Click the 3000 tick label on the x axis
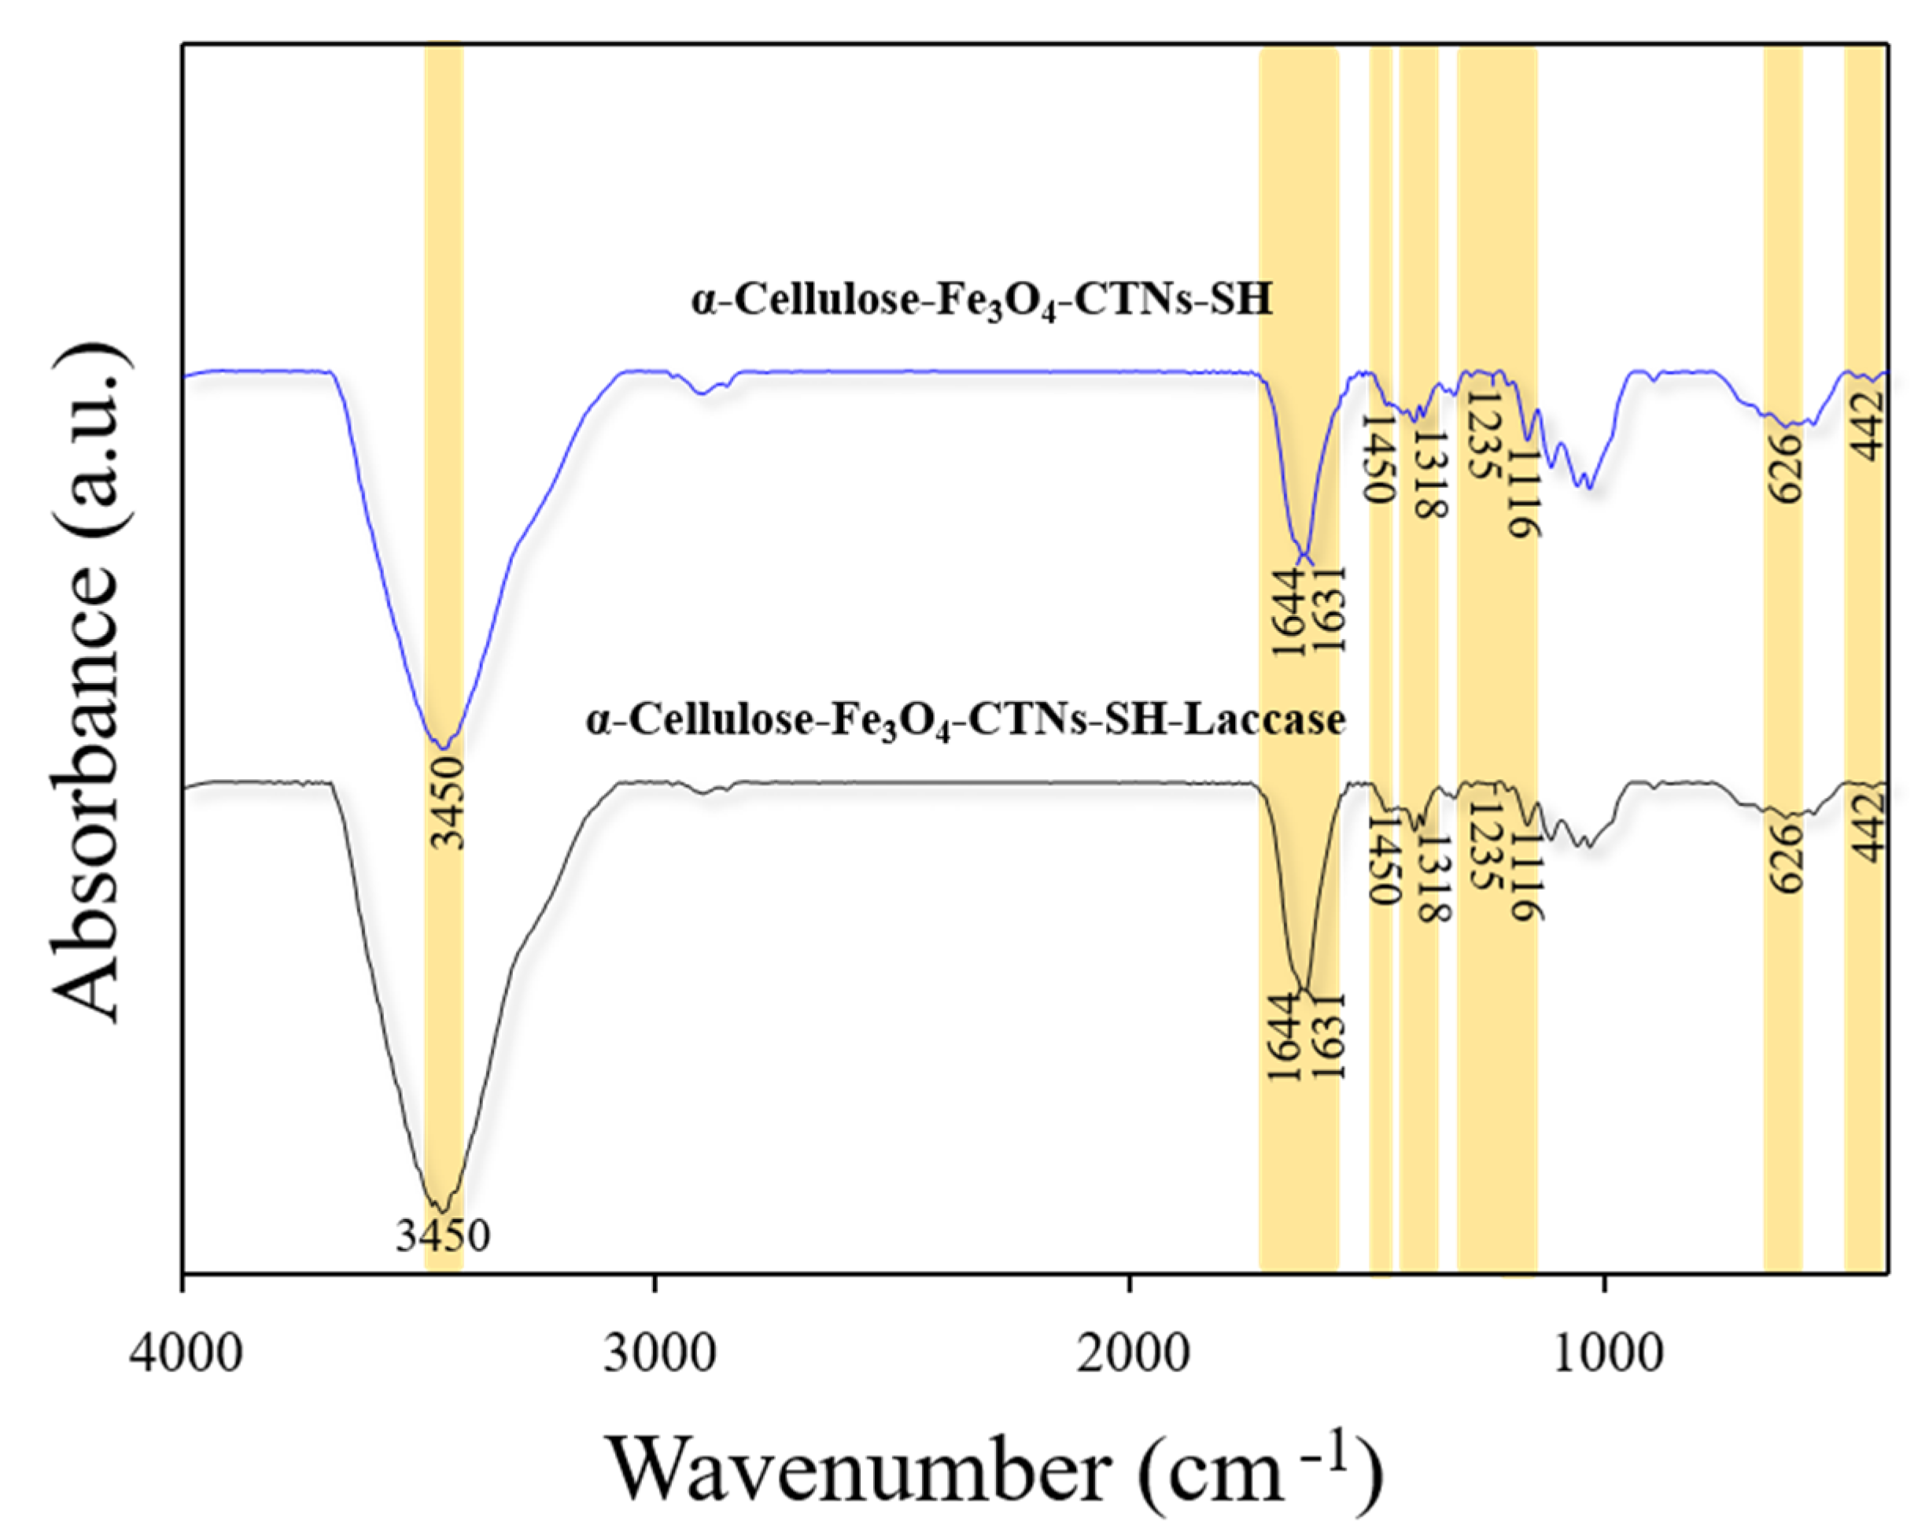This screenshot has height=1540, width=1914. pyautogui.click(x=656, y=1355)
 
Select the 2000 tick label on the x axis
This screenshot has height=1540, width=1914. pyautogui.click(x=1130, y=1355)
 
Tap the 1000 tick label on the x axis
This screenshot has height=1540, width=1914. pyautogui.click(x=1606, y=1355)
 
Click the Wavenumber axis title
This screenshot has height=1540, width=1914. pyautogui.click(x=994, y=1470)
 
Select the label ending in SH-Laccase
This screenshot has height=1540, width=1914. pyautogui.click(x=965, y=719)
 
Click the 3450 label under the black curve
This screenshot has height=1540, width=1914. pyautogui.click(x=443, y=1236)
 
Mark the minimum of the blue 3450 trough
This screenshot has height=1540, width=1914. pyautogui.click(x=442, y=747)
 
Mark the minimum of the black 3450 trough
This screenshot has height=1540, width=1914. pyautogui.click(x=441, y=1209)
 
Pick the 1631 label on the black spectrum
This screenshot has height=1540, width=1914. pyautogui.click(x=1329, y=1036)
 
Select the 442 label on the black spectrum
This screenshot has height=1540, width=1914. pyautogui.click(x=1870, y=826)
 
